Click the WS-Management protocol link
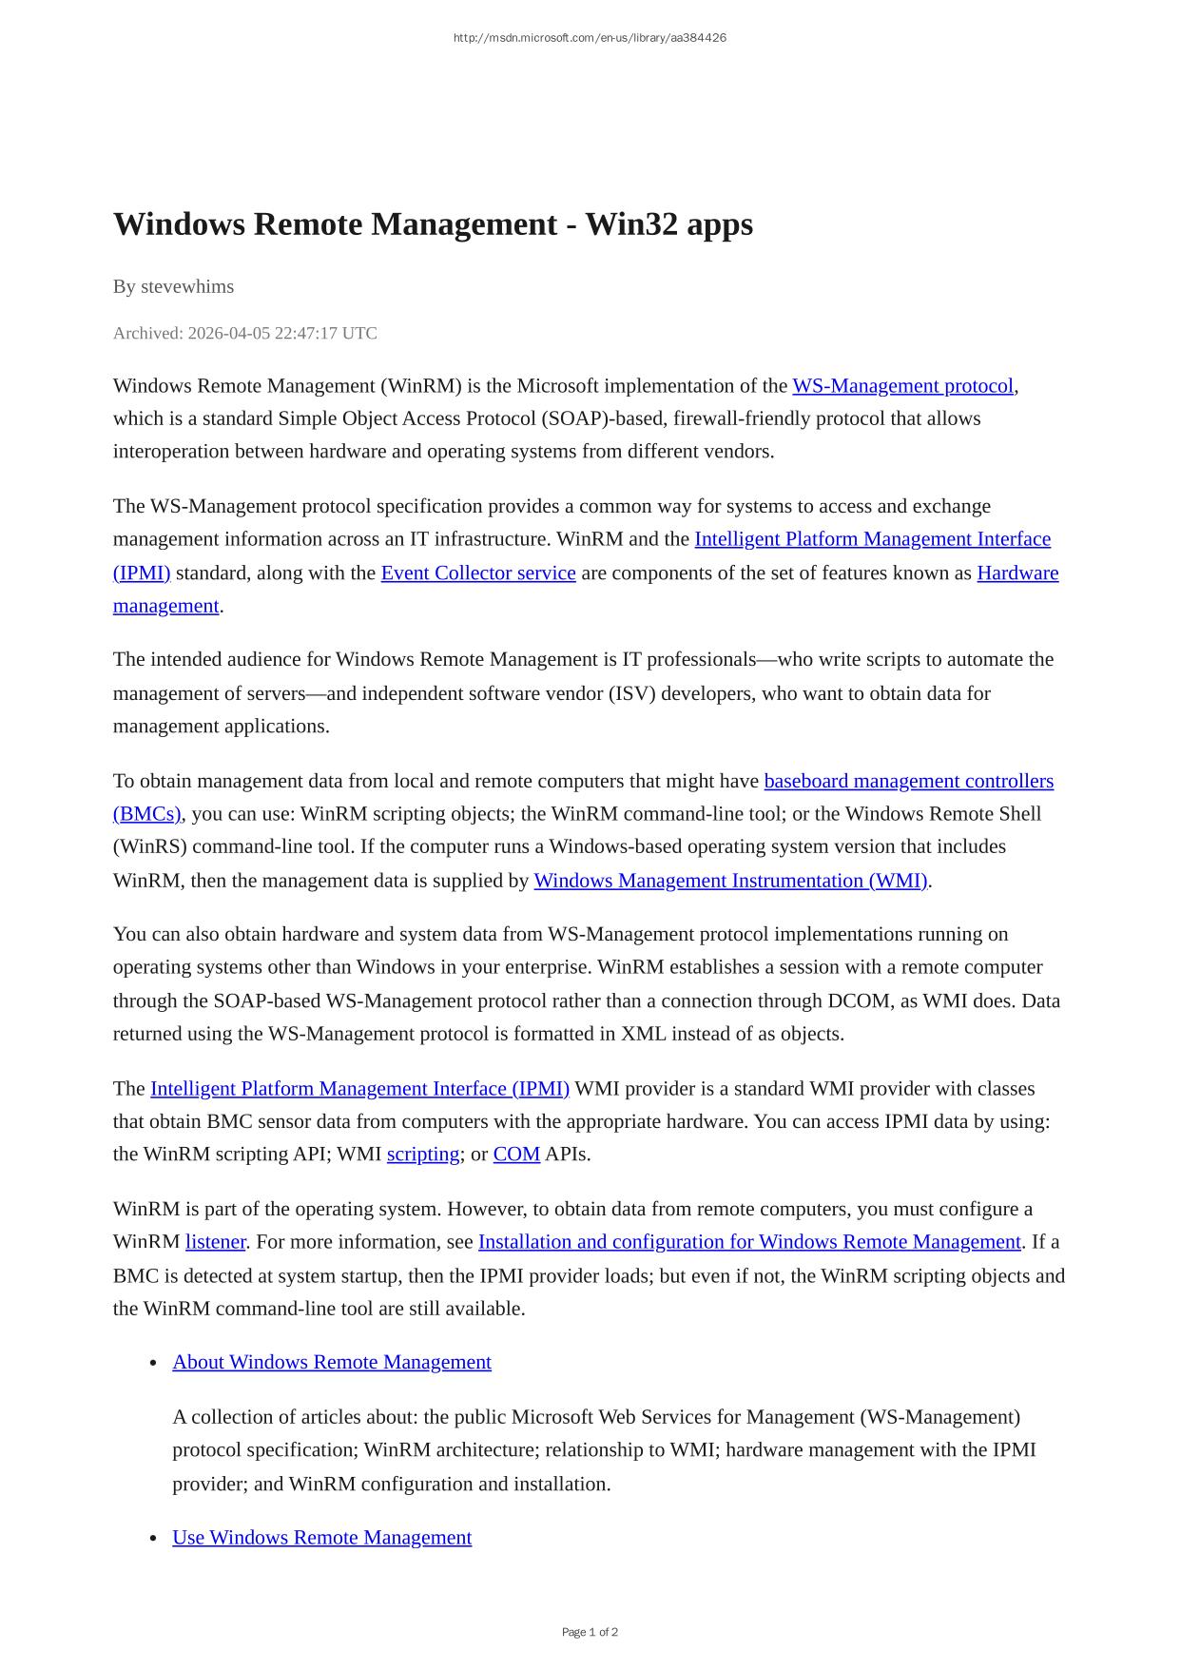[902, 386]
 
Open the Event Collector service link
[477, 573]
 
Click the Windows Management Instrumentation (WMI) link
[730, 881]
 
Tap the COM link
[516, 1155]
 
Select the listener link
[215, 1242]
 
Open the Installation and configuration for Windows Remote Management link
[749, 1242]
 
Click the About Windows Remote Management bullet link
[332, 1362]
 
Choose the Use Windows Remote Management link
[321, 1538]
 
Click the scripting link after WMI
[423, 1155]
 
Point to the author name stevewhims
[187, 286]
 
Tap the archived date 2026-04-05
[228, 333]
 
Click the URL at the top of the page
[590, 38]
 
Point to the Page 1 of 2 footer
[590, 1632]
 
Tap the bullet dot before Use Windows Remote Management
[153, 1539]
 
